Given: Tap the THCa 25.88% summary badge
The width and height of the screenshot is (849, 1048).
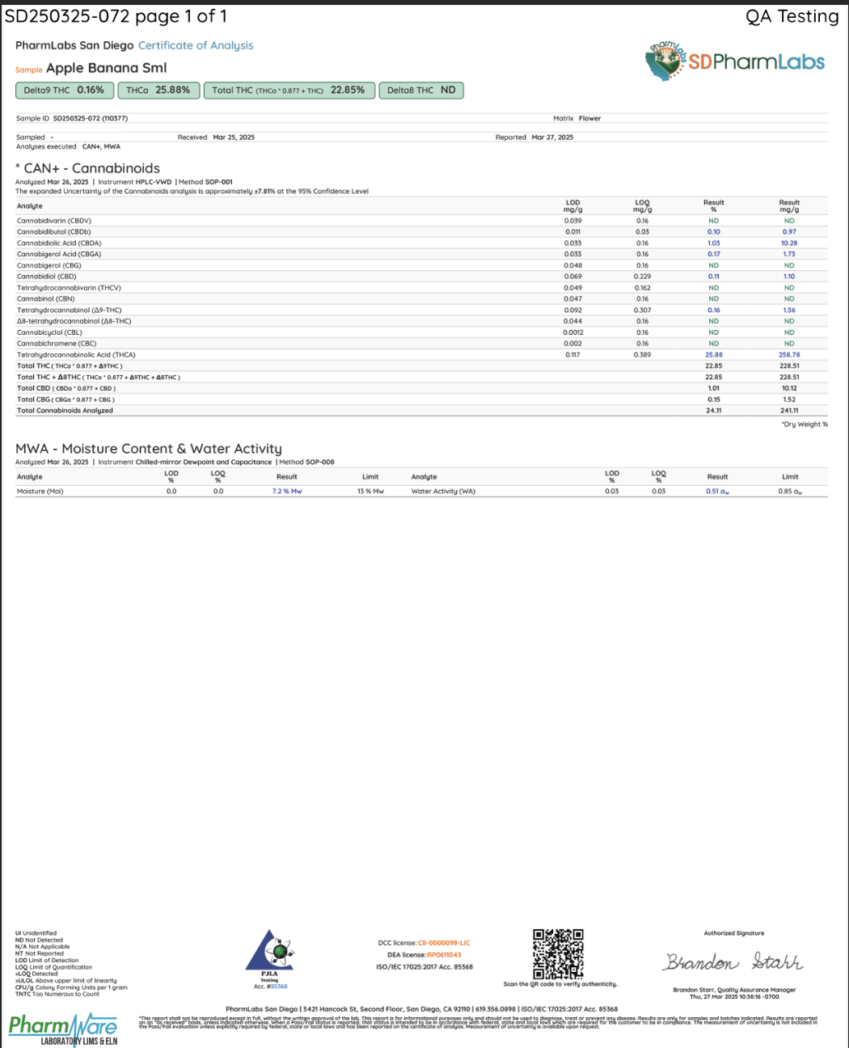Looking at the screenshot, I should coord(158,91).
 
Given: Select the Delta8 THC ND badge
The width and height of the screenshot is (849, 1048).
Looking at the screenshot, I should coord(421,91).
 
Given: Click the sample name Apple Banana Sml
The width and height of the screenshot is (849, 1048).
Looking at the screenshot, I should coord(106,68).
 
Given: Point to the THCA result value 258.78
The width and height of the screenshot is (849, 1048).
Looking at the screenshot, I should coord(789,355).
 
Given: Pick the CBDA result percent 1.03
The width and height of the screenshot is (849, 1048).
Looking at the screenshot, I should coord(713,243).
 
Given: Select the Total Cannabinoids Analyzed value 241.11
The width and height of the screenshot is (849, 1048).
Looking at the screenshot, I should coord(789,411).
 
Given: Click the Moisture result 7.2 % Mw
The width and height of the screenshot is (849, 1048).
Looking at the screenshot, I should coord(287,492).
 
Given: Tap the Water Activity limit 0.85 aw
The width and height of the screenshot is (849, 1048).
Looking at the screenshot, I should coord(790,492).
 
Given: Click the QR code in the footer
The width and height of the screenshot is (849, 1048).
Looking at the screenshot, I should coord(558,954).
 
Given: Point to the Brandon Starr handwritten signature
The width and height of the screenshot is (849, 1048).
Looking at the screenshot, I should coord(733,962).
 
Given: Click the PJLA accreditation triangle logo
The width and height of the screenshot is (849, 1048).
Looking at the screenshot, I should coord(269,952).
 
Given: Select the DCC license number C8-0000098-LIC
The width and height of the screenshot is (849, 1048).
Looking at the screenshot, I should coord(443,943).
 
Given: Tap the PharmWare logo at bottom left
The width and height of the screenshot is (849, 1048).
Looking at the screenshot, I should coord(63,1029).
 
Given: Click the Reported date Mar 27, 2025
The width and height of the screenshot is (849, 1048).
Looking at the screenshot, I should coord(552,137).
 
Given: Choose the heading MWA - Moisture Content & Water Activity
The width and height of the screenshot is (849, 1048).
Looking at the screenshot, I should coord(149,449).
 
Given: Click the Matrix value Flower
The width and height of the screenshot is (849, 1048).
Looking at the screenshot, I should coord(589,119).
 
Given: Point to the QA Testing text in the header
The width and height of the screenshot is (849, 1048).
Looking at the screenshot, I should coord(792,17).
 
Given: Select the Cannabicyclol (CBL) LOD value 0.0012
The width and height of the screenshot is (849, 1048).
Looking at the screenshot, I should coord(572,333).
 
